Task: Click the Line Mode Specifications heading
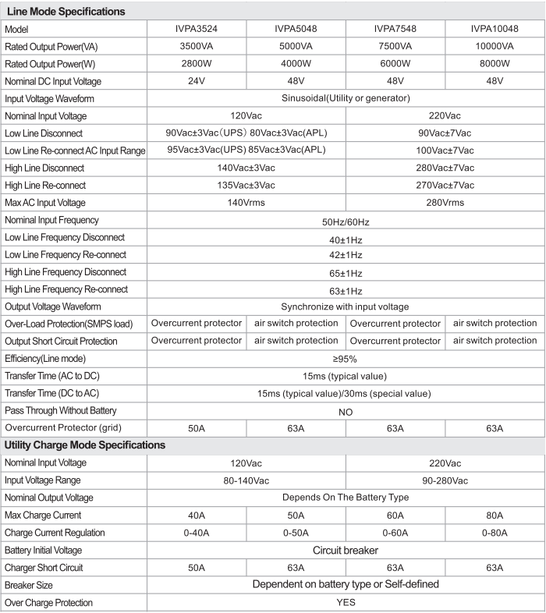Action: pyautogui.click(x=66, y=12)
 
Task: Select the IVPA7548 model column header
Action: pyautogui.click(x=395, y=29)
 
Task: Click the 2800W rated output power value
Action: pyautogui.click(x=196, y=64)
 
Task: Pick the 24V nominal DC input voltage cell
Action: pyautogui.click(x=196, y=81)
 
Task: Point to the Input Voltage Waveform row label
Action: pyautogui.click(x=49, y=99)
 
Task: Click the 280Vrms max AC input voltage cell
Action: pyautogui.click(x=445, y=203)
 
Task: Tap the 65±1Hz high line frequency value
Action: pyautogui.click(x=345, y=273)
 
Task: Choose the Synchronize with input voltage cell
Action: pyautogui.click(x=345, y=306)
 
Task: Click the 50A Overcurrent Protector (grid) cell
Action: pyautogui.click(x=196, y=428)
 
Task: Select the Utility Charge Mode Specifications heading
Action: pyautogui.click(x=85, y=445)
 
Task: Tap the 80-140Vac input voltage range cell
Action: pyautogui.click(x=246, y=480)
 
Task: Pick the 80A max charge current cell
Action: pyautogui.click(x=495, y=516)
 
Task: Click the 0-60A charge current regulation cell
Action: pyautogui.click(x=395, y=533)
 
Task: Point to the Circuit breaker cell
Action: pyautogui.click(x=345, y=551)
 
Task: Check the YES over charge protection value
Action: pyautogui.click(x=345, y=603)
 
